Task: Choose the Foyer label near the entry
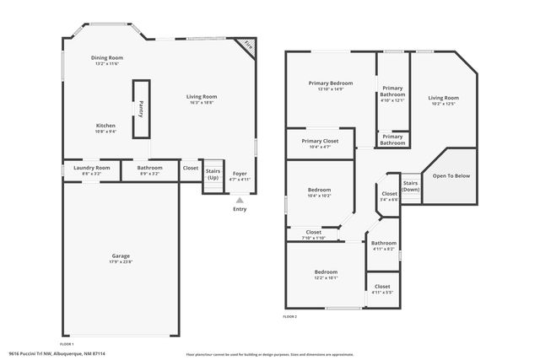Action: (x=240, y=175)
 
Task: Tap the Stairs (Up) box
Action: (x=213, y=175)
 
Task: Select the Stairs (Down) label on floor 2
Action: (x=410, y=185)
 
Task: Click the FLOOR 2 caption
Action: (x=290, y=316)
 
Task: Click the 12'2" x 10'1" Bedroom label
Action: (x=326, y=275)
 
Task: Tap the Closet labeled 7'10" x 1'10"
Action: (x=313, y=234)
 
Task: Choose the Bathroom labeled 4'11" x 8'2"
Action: (x=384, y=245)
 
